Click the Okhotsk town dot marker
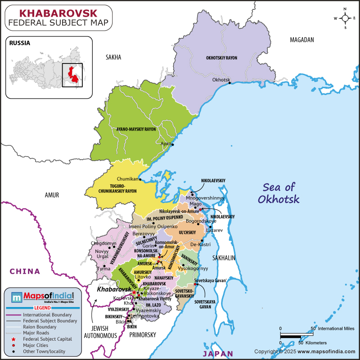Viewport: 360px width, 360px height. (x=229, y=83)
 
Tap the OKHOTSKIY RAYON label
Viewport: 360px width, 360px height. (x=221, y=58)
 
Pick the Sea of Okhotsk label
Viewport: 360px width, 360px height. (x=279, y=193)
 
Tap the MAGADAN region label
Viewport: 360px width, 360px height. (x=301, y=40)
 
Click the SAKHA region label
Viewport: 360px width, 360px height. (x=113, y=57)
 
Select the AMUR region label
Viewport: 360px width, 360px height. (x=52, y=195)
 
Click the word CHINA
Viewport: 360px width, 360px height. (x=25, y=271)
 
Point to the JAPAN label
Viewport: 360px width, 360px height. (x=221, y=353)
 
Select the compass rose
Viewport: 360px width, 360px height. (x=345, y=18)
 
